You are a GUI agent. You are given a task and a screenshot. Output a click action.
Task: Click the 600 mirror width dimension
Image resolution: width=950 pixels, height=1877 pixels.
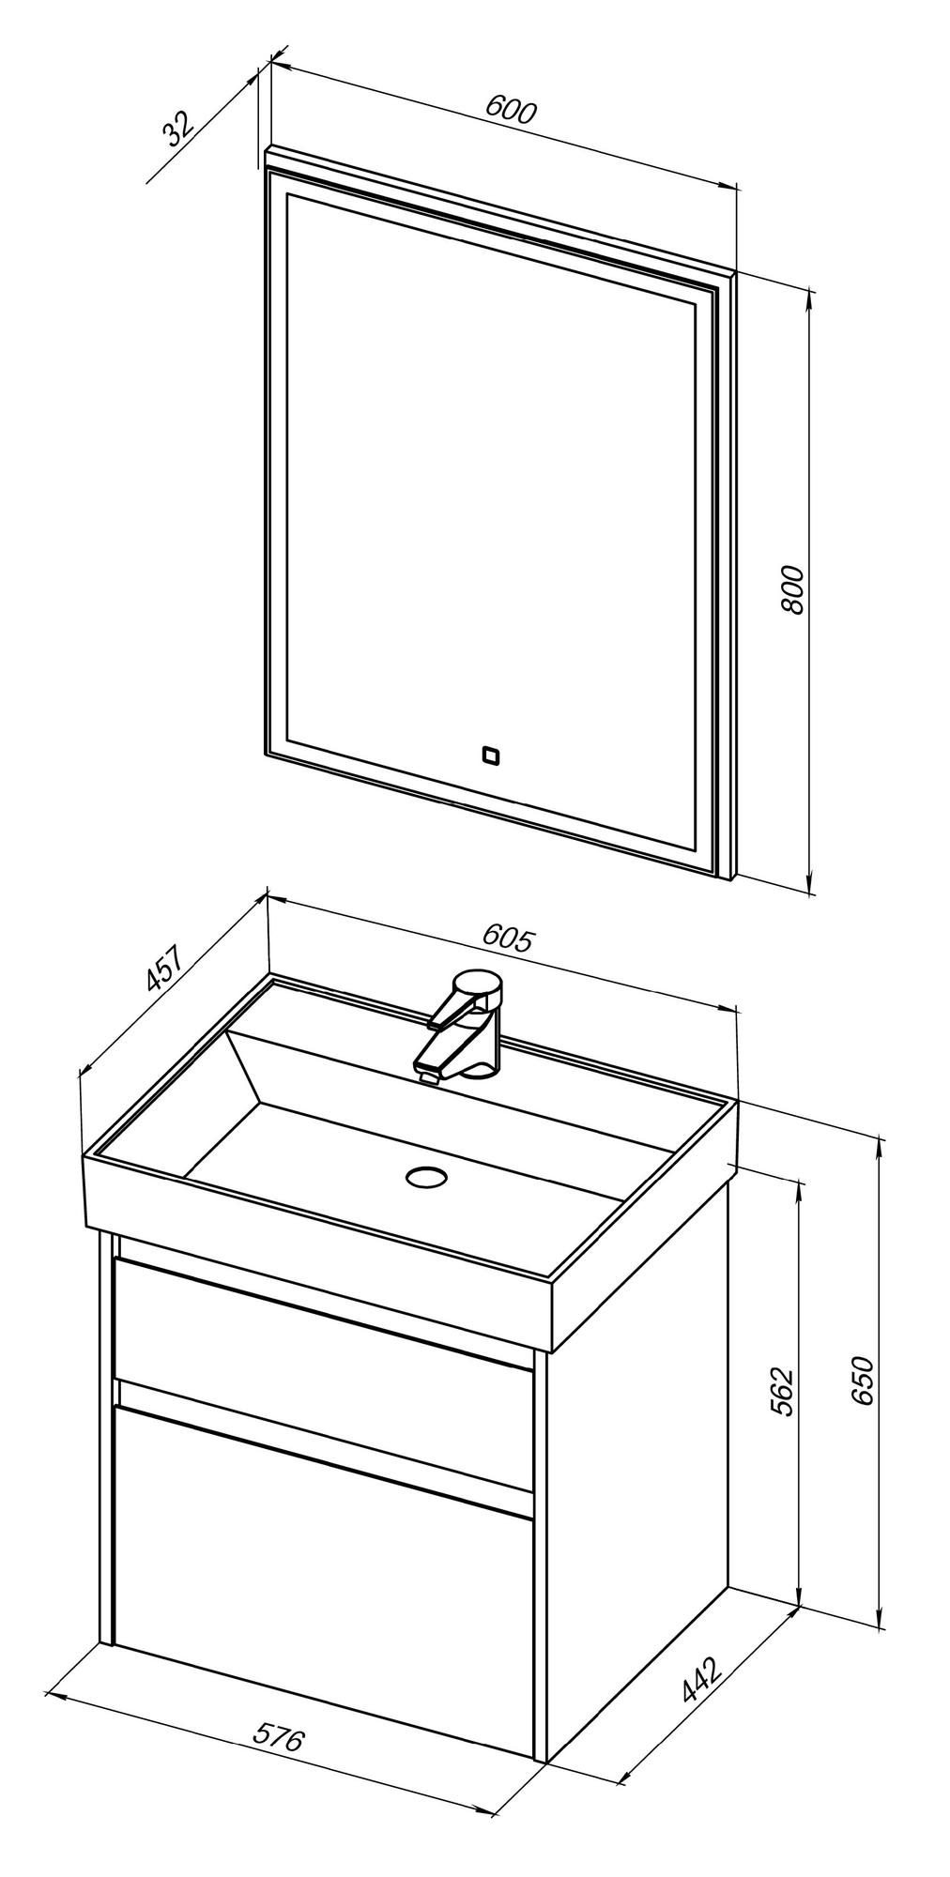[x=511, y=111]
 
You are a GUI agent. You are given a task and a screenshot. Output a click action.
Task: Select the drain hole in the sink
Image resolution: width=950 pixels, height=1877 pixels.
[x=427, y=1175]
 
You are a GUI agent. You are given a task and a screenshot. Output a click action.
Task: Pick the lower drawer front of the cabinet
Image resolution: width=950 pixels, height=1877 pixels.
[x=319, y=1520]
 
